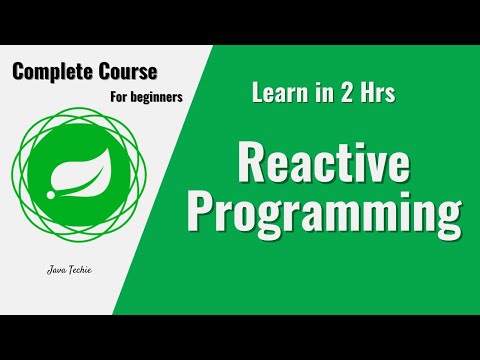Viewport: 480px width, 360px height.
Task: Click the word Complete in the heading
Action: click(49, 74)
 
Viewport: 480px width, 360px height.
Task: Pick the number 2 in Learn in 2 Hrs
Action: click(337, 94)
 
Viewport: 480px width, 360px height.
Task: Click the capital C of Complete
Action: click(19, 73)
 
